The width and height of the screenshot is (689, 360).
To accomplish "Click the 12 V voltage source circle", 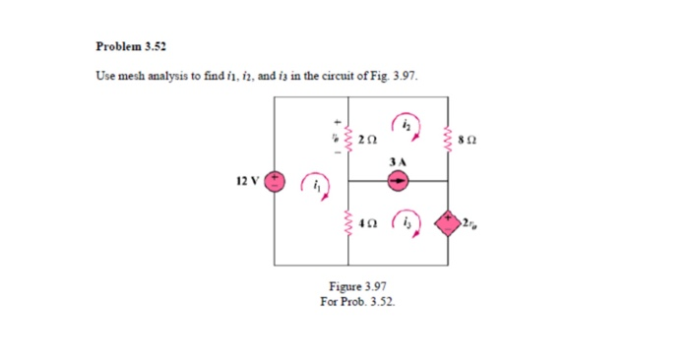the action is [275, 182].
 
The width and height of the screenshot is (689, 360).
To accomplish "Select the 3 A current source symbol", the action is [398, 182].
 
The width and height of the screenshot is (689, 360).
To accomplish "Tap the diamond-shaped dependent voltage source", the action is [449, 218].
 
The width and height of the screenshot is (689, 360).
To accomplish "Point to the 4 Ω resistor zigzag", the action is [345, 222].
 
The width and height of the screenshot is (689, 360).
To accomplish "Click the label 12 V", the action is [247, 181].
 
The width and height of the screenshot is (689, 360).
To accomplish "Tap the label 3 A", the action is [398, 160].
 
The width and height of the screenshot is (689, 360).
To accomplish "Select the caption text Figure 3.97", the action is [357, 287].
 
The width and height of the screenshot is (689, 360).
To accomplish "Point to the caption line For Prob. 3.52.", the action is [357, 301].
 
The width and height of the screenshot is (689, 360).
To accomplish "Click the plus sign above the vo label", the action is [332, 122].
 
